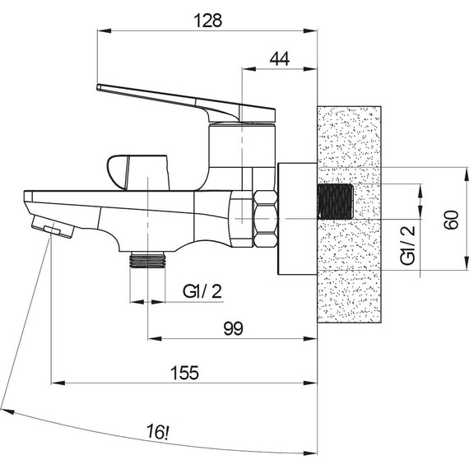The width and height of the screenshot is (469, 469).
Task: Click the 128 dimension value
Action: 208,21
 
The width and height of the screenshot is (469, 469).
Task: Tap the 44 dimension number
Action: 280,59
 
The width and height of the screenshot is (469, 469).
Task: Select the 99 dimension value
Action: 234,328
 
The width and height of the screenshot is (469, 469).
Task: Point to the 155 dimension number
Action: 184,373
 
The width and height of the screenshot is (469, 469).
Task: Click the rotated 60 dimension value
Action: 451,220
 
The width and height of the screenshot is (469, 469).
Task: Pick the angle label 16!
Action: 158,432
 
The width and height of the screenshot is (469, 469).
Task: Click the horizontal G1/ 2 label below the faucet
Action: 202,291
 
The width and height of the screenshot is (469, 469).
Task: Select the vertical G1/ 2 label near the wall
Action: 407,245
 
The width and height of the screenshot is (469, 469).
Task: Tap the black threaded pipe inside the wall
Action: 336,202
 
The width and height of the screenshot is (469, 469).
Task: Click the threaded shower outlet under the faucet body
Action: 148,259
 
